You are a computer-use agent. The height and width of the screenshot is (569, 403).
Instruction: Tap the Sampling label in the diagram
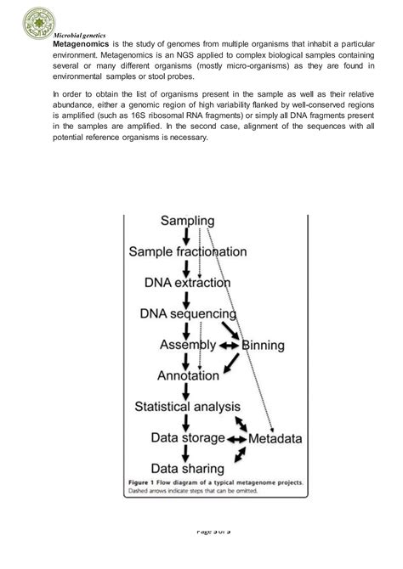187,221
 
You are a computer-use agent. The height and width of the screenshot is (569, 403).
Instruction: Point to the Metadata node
275,439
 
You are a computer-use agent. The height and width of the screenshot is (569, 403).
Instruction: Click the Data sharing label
187,468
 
